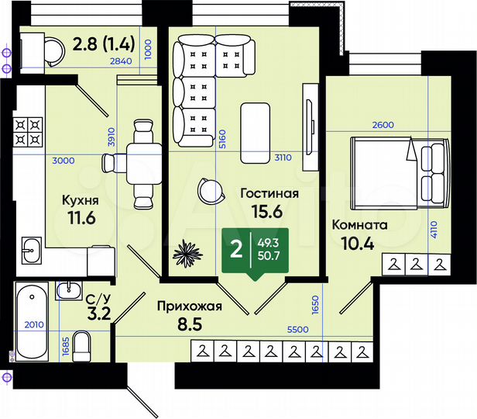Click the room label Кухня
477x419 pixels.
coord(78,200)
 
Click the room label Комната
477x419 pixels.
coord(359,225)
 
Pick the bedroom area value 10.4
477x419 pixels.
coord(359,243)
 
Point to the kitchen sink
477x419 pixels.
coord(31,249)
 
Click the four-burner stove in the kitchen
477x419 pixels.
coord(27,132)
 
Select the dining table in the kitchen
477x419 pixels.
coord(141,162)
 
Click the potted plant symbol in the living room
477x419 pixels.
coord(187,252)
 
